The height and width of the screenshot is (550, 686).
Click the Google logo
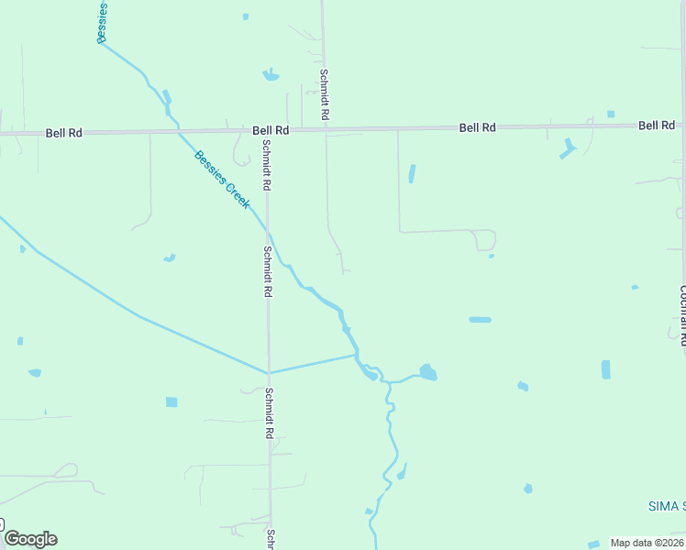30,539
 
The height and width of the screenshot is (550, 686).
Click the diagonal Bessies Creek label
222,179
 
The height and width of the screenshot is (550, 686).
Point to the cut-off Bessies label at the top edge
103,20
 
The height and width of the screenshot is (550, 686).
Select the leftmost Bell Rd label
64,133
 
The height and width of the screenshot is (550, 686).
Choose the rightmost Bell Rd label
657,125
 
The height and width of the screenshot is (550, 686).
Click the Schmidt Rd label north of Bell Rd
324,96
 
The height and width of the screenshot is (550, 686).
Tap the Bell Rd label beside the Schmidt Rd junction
271,131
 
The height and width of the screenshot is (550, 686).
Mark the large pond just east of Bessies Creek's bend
427,372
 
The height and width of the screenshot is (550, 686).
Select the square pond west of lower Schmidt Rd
171,401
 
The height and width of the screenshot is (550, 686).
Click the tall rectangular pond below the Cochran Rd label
605,369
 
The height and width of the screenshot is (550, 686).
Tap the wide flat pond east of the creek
480,320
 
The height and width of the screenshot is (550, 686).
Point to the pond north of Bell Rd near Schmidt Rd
271,74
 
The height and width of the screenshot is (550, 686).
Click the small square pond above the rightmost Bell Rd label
611,114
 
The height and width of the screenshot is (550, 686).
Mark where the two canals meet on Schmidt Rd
269,373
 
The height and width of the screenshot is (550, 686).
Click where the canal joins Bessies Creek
357,355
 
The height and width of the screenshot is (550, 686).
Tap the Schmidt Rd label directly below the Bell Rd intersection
266,165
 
